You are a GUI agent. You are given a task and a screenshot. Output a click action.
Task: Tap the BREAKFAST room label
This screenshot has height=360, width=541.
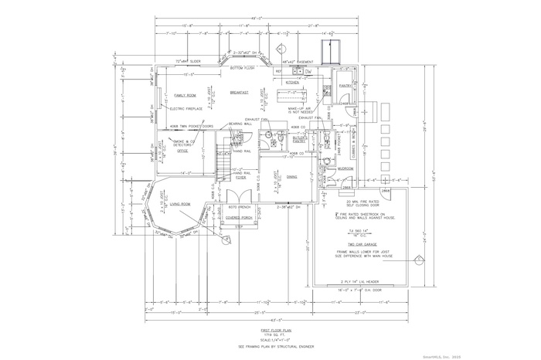coord(240,92)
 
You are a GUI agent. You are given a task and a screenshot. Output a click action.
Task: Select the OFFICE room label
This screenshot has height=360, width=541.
coord(182,151)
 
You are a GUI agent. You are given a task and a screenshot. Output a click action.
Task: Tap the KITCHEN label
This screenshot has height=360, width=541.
coord(293,81)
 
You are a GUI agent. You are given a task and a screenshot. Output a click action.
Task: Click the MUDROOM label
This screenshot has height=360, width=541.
coord(345,168)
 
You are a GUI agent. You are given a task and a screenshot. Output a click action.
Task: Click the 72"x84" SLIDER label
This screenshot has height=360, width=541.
coord(188,59)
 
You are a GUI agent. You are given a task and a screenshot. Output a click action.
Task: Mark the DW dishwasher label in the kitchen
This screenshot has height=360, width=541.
coord(308,71)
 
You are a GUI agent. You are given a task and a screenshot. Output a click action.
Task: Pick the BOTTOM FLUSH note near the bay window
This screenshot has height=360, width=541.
coord(247,68)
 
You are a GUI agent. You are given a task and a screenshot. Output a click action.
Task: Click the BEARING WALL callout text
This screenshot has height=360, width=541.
coord(236,124)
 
